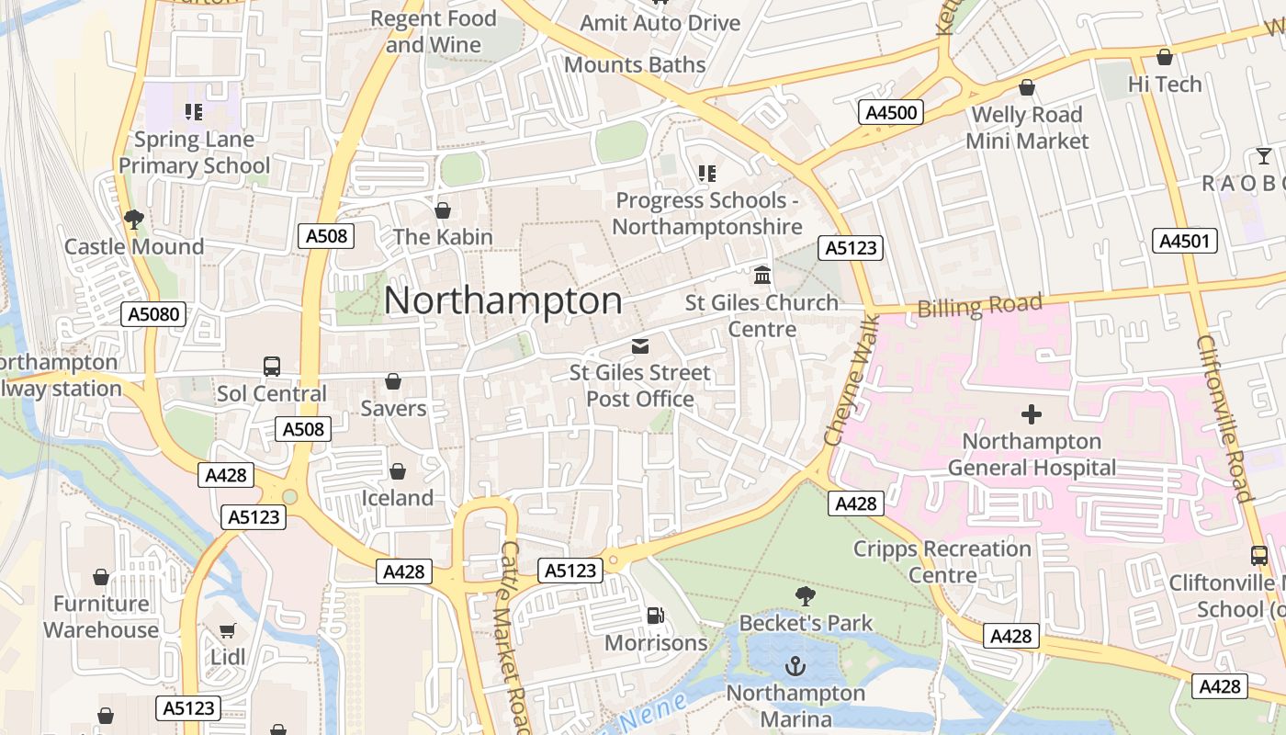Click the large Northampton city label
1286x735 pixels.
[x=503, y=301]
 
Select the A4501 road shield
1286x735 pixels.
[x=1185, y=241]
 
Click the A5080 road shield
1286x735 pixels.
[x=154, y=314]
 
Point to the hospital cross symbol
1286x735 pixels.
[x=1032, y=414]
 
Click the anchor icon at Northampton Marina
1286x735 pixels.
[x=795, y=666]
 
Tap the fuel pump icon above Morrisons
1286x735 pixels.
[x=656, y=616]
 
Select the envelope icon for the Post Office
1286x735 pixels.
[x=640, y=346]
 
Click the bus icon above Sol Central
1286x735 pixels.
[x=272, y=367]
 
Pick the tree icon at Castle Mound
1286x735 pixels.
[x=134, y=220]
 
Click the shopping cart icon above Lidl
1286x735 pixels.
[x=228, y=630]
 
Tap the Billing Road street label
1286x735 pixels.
[x=980, y=305]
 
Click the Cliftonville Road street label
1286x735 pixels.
[x=1224, y=419]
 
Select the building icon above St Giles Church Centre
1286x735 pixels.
[x=762, y=275]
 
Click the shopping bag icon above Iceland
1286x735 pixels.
[x=398, y=471]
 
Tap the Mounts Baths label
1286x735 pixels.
[x=635, y=64]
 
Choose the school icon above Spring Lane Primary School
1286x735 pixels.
[x=194, y=112]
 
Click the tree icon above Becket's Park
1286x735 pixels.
[x=806, y=595]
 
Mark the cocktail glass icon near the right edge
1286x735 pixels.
[x=1264, y=155]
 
